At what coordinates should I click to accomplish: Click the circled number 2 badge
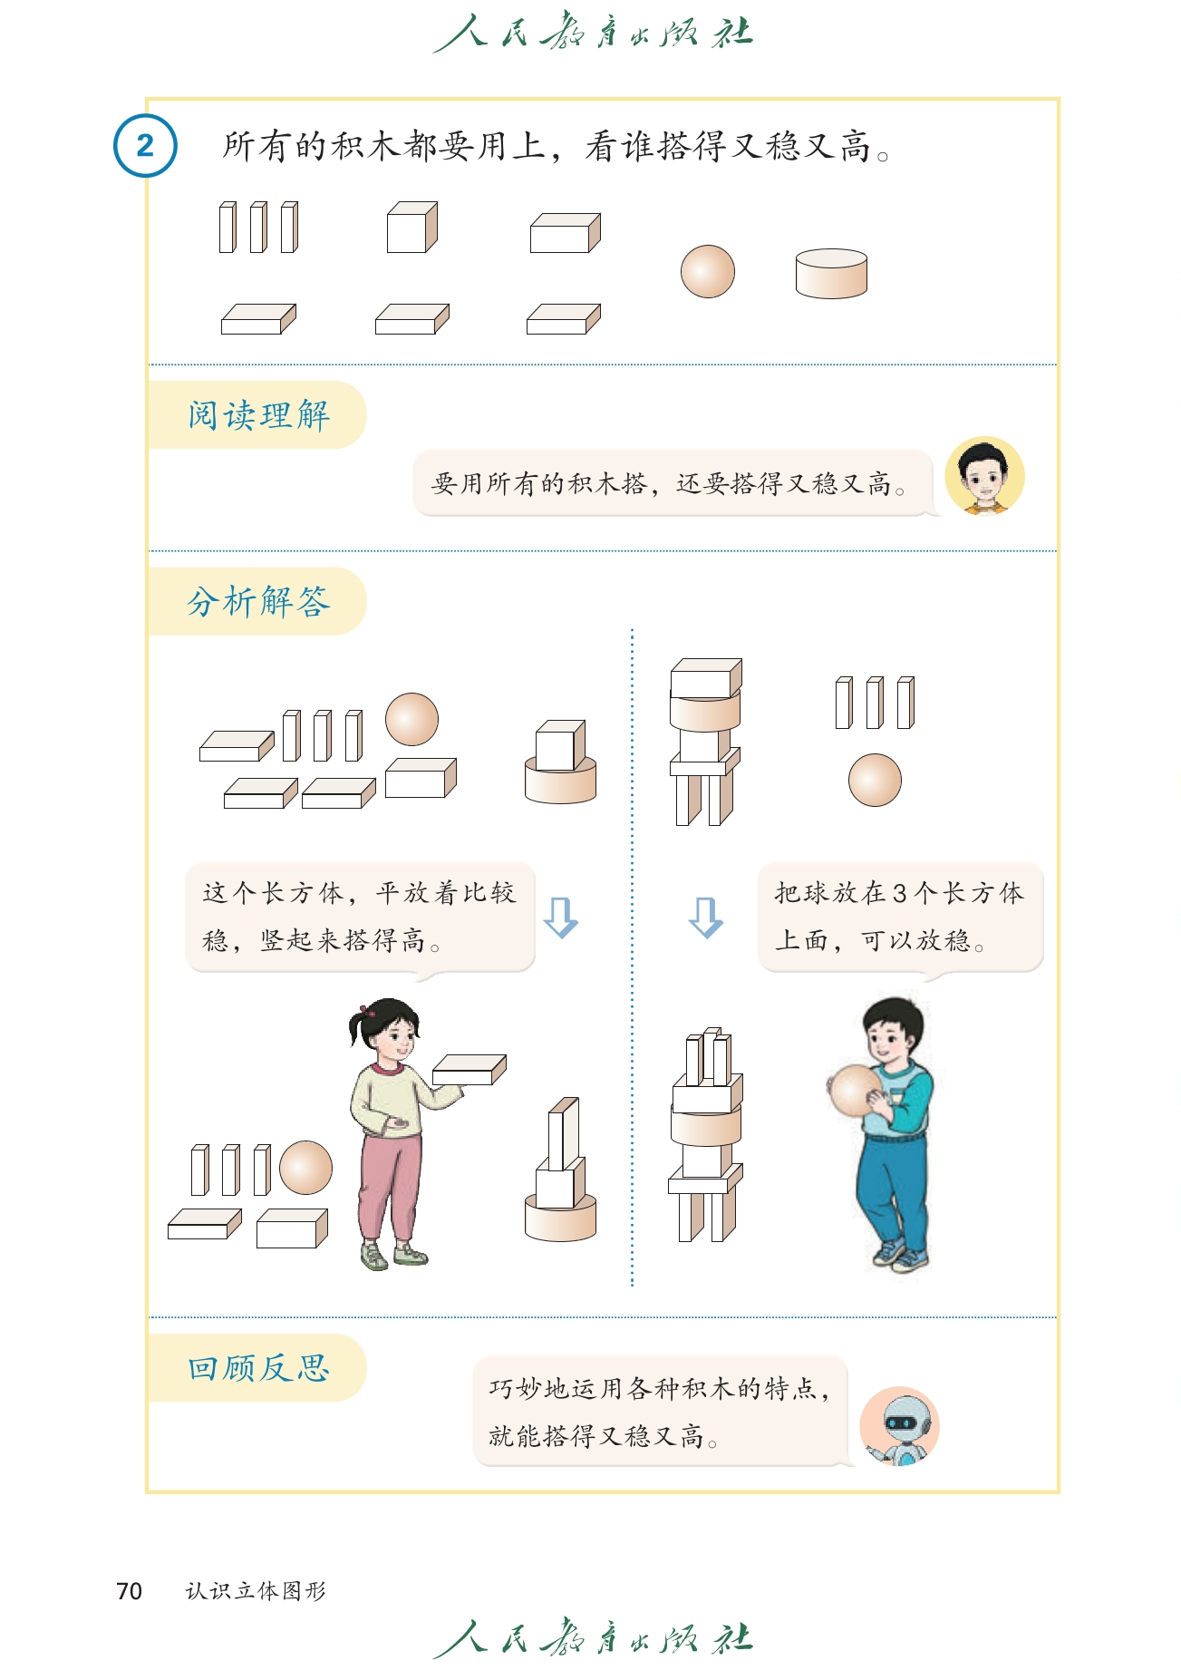(145, 146)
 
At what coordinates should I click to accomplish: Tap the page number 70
(129, 1591)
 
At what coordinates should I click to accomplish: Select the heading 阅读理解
(259, 415)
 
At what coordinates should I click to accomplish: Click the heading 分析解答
(259, 601)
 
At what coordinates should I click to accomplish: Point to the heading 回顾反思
(259, 1368)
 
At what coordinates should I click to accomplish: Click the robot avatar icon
(899, 1426)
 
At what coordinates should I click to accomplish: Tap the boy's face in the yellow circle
(984, 477)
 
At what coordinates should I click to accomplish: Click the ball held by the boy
(854, 1091)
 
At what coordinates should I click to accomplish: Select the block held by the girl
(469, 1070)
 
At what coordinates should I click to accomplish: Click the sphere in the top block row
(708, 271)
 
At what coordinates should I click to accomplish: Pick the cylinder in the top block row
(831, 274)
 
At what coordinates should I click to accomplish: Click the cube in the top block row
(412, 228)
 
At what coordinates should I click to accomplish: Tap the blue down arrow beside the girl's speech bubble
(561, 918)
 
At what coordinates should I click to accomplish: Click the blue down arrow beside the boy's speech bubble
(706, 918)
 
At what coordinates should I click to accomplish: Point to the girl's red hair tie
(366, 1010)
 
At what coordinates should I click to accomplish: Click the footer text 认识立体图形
(256, 1591)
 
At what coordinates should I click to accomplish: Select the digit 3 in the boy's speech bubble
(899, 894)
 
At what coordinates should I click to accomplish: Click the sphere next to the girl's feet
(306, 1168)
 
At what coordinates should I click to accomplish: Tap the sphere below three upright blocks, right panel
(875, 780)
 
